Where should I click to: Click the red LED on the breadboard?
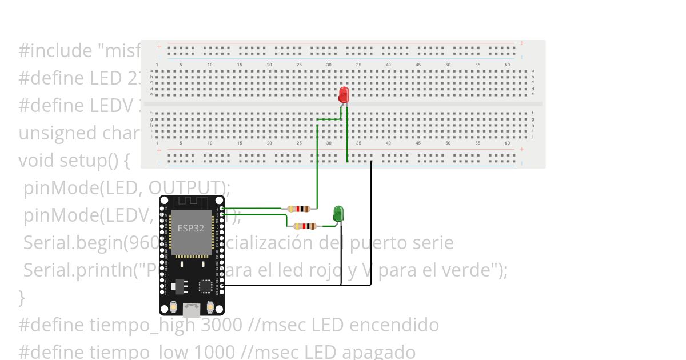point(344,94)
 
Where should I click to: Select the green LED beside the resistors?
point(338,214)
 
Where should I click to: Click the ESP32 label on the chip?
point(190,228)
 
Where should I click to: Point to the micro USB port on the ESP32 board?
point(192,310)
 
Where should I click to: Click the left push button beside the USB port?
point(173,307)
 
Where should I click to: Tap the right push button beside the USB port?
point(210,307)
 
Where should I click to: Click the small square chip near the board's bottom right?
point(205,286)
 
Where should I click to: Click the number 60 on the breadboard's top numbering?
point(507,65)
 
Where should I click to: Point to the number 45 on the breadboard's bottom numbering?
point(418,143)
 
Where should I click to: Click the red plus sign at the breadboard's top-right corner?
point(521,43)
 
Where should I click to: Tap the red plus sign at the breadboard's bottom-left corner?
point(159,150)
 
